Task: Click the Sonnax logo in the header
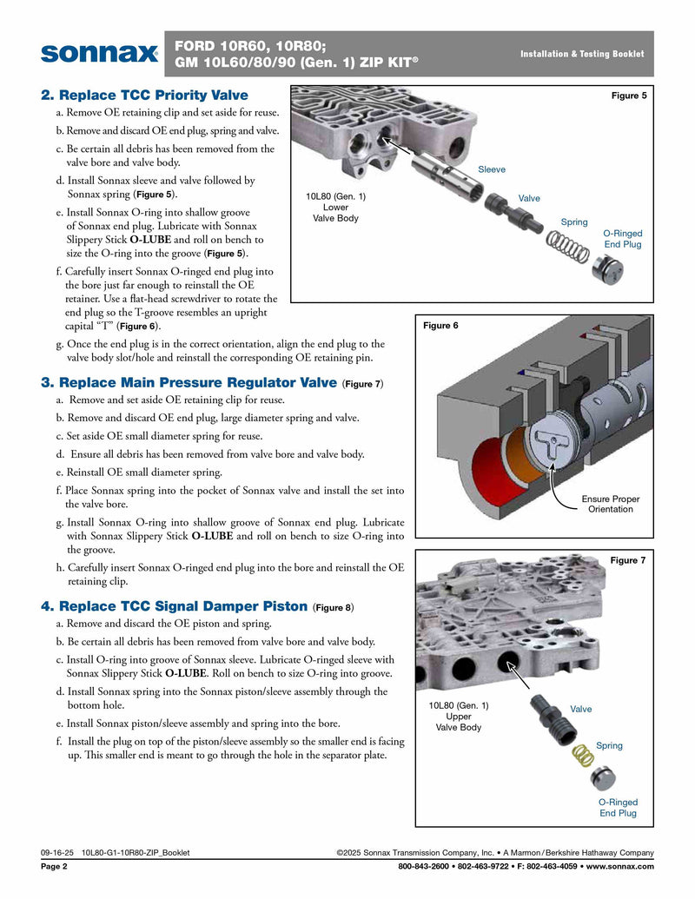pos(99,53)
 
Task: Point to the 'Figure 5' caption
pos(629,96)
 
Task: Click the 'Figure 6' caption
pos(440,326)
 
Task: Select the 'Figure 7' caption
pos(628,560)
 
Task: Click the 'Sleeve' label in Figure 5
pos(491,169)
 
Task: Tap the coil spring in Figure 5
pos(568,248)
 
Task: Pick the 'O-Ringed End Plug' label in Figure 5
pos(622,239)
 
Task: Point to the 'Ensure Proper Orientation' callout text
pos(610,504)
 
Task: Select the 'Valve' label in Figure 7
pos(580,709)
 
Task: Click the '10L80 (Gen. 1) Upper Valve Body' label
pos(458,717)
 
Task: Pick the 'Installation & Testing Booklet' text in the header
pos(582,54)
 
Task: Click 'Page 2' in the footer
pos(54,866)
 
